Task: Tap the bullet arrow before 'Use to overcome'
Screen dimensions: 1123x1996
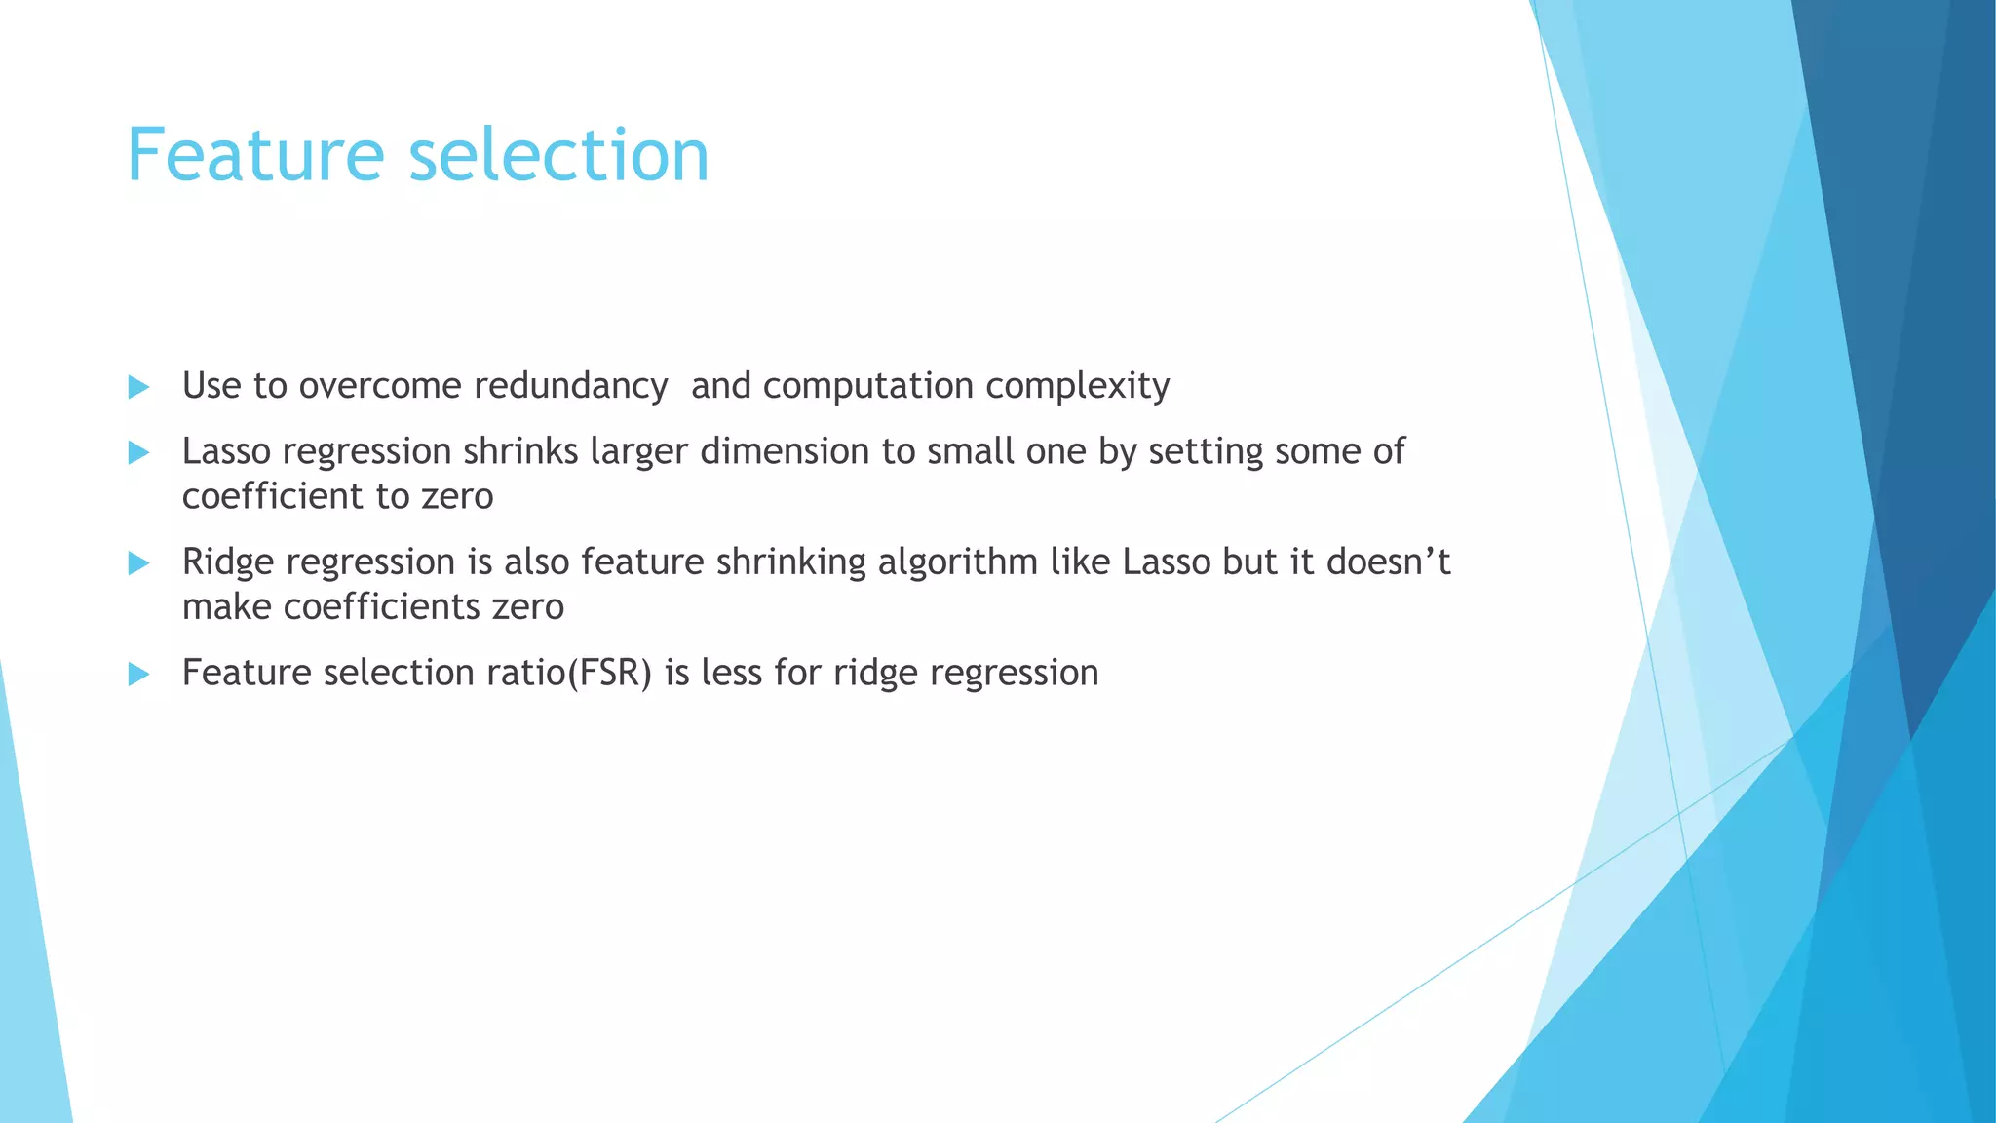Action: point(138,387)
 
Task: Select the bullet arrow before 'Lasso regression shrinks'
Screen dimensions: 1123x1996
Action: point(138,452)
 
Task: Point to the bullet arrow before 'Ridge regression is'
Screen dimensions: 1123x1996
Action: point(138,562)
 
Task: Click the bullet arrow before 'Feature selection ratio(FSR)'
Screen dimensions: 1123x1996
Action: point(138,674)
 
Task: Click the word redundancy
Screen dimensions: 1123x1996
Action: point(570,386)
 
